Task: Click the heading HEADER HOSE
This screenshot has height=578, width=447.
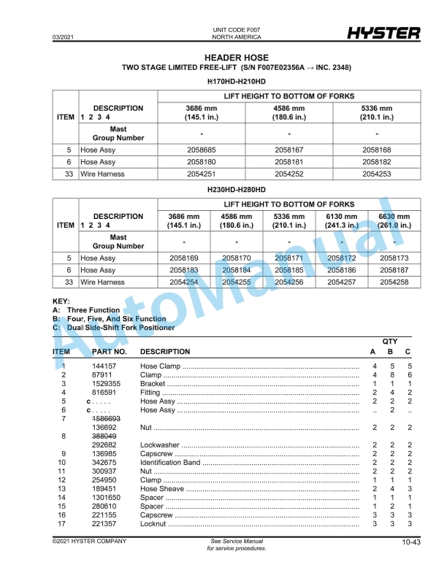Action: tap(236, 58)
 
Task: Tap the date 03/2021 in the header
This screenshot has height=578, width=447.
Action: tap(63, 36)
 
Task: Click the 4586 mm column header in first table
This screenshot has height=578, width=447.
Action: tap(289, 112)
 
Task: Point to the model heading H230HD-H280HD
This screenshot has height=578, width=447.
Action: tap(237, 190)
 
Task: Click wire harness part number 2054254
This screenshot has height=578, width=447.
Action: tap(184, 282)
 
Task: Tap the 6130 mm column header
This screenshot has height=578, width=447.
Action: tap(342, 220)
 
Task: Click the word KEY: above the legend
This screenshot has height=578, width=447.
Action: tap(61, 301)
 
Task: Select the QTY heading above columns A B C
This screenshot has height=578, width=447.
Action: tap(391, 341)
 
